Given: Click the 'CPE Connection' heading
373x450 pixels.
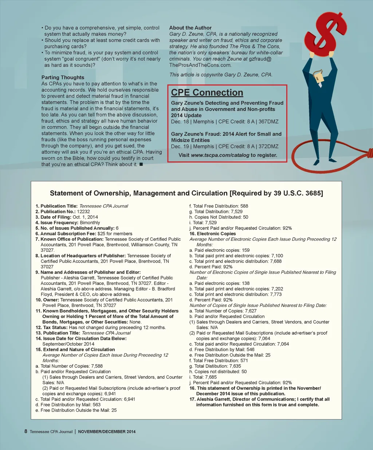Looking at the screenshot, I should (x=207, y=93).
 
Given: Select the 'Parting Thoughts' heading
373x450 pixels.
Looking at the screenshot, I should (x=63, y=77).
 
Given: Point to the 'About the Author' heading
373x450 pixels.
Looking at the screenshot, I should (x=190, y=28).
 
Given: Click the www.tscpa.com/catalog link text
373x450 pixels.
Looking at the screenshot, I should (x=220, y=155).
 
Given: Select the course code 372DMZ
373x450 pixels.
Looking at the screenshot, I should (x=268, y=146).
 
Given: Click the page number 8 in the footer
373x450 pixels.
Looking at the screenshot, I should (x=26, y=431).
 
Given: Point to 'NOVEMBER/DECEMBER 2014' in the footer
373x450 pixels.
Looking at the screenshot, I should (x=107, y=432).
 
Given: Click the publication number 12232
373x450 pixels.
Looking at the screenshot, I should (x=83, y=211).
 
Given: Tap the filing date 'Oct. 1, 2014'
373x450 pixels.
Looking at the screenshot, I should (x=85, y=217).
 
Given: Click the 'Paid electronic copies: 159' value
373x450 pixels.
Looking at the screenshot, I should (x=245, y=250).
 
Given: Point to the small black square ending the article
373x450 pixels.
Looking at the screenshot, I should (x=141, y=164).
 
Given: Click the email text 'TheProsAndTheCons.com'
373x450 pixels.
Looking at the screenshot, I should (x=200, y=65).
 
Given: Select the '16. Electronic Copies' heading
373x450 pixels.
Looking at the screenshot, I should (x=212, y=234).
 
